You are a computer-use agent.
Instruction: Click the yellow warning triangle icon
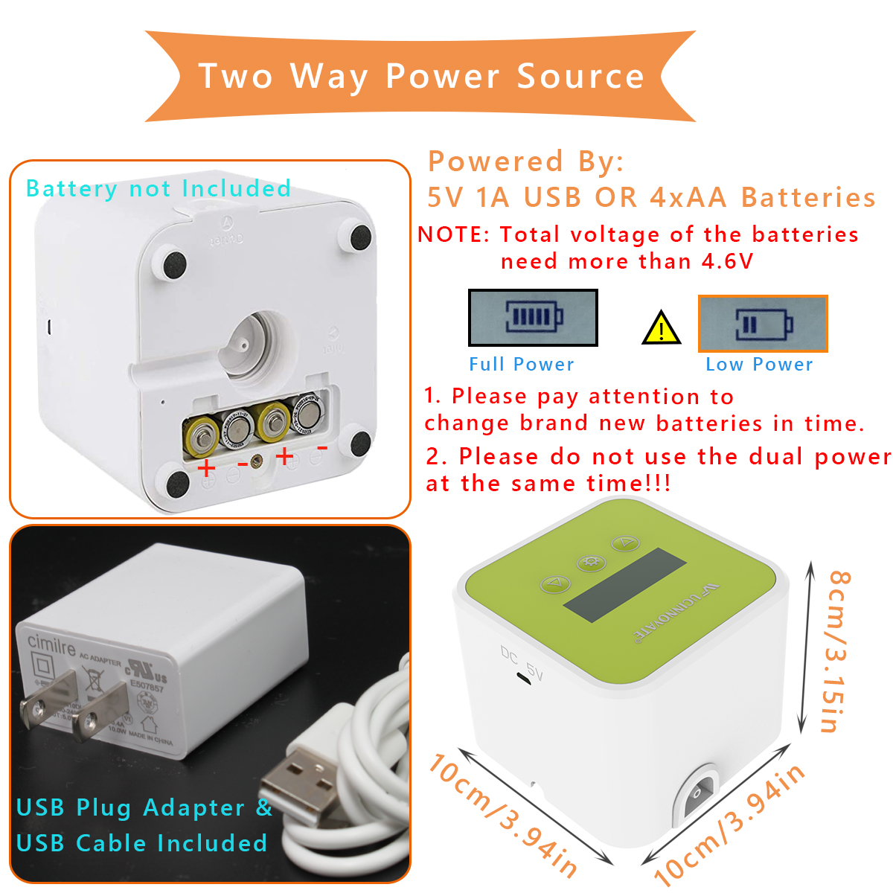(661, 328)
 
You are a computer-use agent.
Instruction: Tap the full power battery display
(533, 318)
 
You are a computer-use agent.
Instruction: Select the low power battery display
(763, 324)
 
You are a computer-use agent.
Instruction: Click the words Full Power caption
(522, 365)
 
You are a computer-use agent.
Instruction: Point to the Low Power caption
(759, 365)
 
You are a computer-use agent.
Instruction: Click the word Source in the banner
(580, 77)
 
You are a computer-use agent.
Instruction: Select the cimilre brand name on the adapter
(51, 644)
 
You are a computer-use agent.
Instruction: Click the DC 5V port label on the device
(522, 662)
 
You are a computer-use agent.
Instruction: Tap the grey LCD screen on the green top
(624, 585)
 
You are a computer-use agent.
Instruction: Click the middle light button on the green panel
(590, 562)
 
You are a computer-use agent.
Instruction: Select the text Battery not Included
(159, 189)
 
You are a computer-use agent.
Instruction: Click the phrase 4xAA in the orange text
(688, 197)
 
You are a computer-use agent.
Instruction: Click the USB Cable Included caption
(141, 843)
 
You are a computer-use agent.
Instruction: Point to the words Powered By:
(525, 161)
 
